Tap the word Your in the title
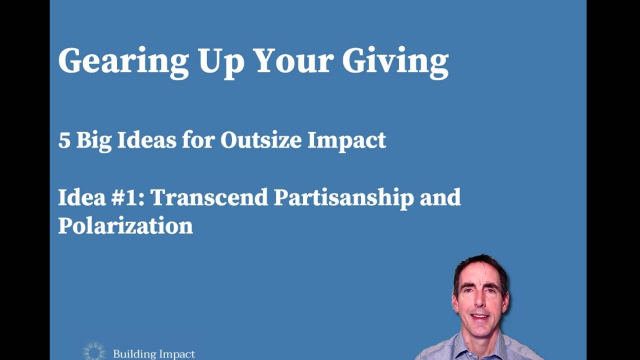pos(293,60)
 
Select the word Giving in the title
pos(395,61)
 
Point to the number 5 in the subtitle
pos(64,140)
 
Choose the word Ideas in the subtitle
pos(146,140)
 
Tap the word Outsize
pos(260,140)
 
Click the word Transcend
pos(209,197)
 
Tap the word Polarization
pos(125,225)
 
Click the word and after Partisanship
pos(440,197)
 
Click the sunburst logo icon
pos(94,351)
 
